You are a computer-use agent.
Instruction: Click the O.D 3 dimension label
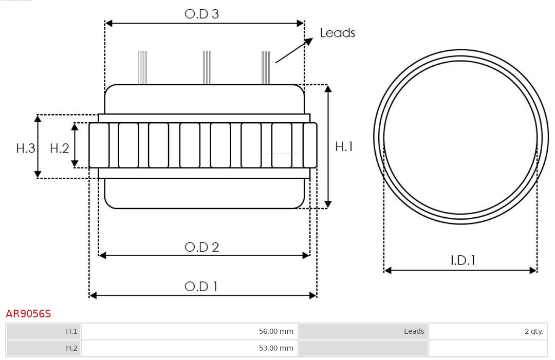(x=201, y=14)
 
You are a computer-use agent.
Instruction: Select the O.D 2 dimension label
(x=201, y=247)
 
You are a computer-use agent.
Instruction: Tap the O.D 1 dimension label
(x=201, y=286)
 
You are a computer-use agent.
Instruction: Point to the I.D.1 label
(x=462, y=260)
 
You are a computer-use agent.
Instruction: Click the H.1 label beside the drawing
(x=344, y=146)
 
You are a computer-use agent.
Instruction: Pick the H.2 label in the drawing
(x=59, y=148)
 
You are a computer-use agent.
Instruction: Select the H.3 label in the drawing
(x=26, y=148)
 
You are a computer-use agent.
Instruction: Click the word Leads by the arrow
(x=337, y=33)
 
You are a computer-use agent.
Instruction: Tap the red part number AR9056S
(x=28, y=314)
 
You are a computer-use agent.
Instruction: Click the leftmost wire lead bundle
(x=142, y=68)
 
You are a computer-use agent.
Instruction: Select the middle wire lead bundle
(x=207, y=68)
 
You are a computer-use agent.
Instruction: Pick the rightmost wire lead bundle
(x=266, y=68)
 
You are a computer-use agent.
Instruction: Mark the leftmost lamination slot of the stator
(x=99, y=145)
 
